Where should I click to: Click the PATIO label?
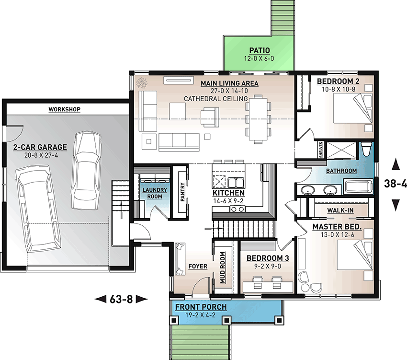(260, 50)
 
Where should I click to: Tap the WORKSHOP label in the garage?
(64, 109)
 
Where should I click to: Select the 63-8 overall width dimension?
(121, 300)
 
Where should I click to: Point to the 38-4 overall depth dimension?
(396, 184)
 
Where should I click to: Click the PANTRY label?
(182, 192)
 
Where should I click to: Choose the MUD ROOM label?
(223, 268)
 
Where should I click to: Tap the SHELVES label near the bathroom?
(321, 150)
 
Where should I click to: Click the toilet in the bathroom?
(366, 149)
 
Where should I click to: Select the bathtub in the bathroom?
(359, 186)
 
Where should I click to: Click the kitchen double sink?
(236, 183)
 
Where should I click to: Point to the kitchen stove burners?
(237, 209)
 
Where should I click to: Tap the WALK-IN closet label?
(340, 210)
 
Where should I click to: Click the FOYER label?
(198, 266)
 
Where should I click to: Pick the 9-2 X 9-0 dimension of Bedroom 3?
(267, 266)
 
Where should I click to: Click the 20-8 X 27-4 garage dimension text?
(40, 155)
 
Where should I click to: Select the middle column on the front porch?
(226, 320)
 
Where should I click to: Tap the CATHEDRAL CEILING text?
(215, 99)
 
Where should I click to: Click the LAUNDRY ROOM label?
(155, 193)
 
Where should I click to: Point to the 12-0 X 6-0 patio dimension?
(259, 58)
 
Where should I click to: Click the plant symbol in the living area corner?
(142, 82)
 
